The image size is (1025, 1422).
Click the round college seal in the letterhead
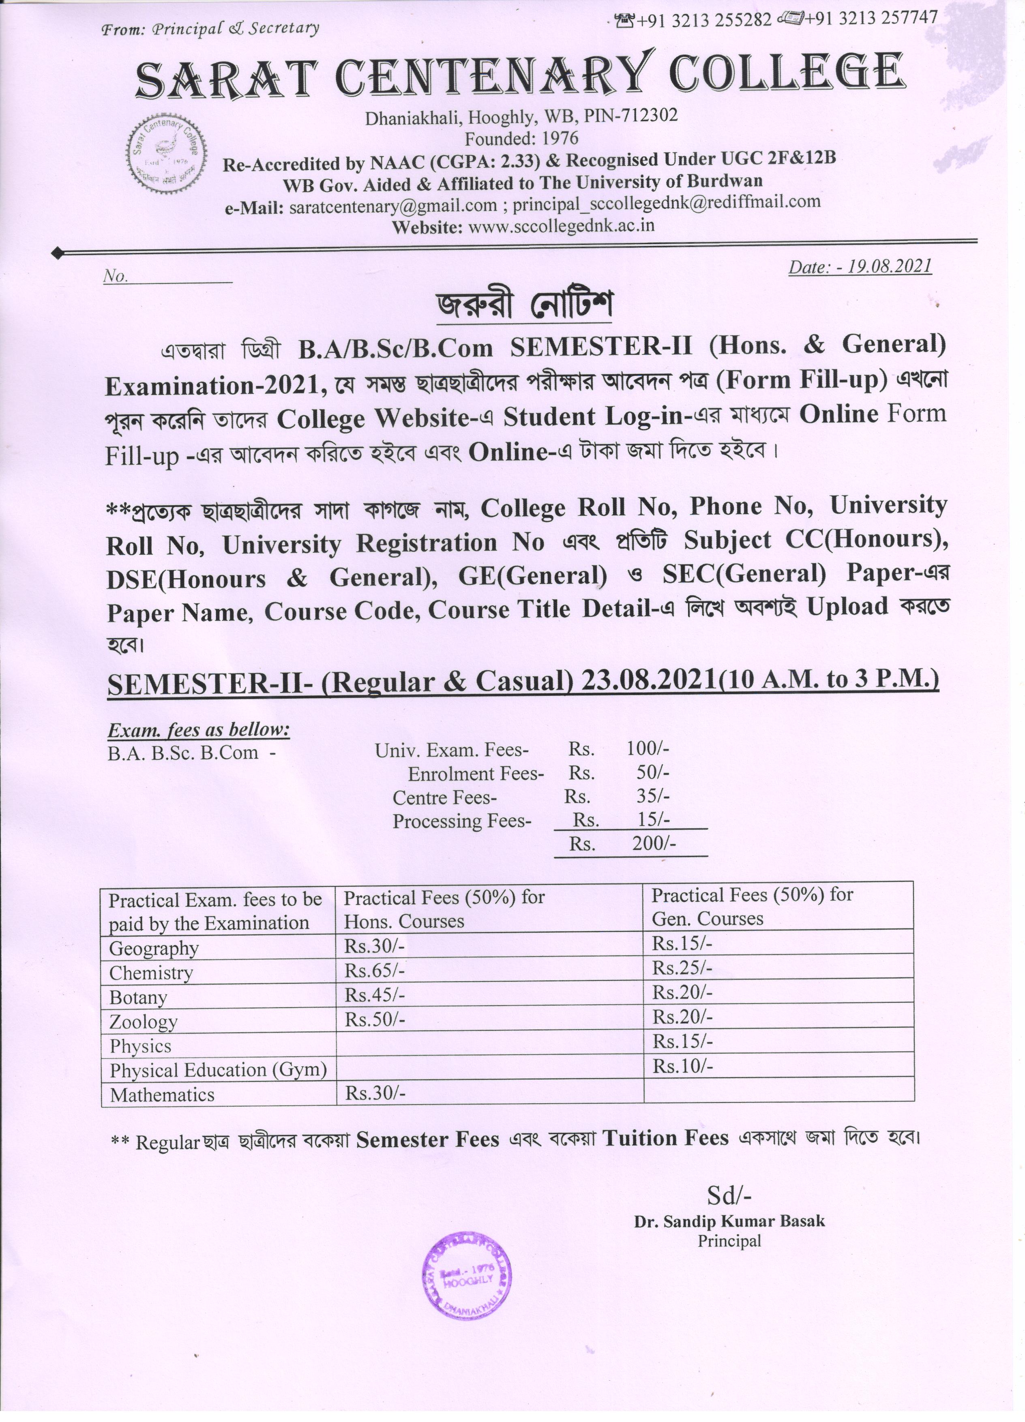167,158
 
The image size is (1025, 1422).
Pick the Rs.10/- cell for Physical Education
682,1066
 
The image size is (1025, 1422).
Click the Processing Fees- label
462,821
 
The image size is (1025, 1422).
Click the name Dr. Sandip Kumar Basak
729,1221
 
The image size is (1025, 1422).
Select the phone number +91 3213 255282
704,20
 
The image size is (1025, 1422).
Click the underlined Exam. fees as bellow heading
199,730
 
